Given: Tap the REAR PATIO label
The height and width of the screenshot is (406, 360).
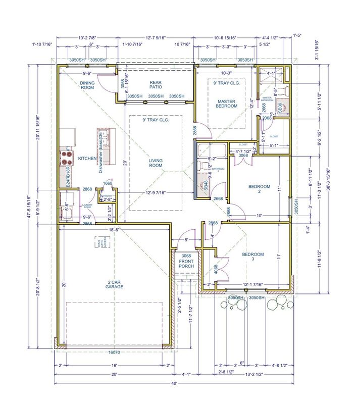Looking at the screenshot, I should [x=155, y=85].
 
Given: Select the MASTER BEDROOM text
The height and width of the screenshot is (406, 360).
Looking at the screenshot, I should [x=227, y=104].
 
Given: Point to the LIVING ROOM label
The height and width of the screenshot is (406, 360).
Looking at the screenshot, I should [x=156, y=163].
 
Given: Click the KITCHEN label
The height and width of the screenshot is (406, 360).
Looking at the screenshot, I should [x=87, y=159].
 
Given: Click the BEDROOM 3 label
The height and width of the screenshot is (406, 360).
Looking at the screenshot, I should [x=253, y=257].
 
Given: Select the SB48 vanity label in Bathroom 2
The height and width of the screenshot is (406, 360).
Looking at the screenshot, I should [x=205, y=185].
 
